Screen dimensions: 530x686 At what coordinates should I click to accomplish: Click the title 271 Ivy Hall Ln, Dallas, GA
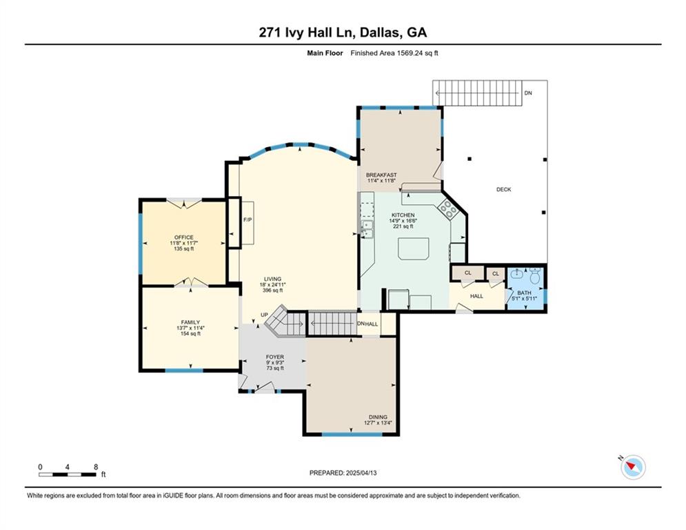[343, 32]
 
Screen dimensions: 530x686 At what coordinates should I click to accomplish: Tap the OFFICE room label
[183, 237]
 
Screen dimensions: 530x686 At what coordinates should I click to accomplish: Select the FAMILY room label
[190, 322]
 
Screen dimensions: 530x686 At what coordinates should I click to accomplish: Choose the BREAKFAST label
[381, 175]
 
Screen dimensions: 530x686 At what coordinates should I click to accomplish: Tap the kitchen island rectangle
[413, 248]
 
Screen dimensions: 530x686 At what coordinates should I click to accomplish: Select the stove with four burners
[449, 208]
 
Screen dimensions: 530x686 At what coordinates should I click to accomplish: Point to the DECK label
[503, 189]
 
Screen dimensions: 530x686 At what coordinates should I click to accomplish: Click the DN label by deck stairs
[527, 92]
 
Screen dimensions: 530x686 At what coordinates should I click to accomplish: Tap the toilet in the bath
[535, 279]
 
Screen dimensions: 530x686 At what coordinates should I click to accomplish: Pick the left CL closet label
[467, 273]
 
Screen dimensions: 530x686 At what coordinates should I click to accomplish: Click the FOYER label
[275, 357]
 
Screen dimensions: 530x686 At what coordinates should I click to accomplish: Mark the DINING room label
[377, 417]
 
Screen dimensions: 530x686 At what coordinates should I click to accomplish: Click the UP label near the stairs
[263, 315]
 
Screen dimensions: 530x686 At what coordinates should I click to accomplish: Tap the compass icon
[632, 467]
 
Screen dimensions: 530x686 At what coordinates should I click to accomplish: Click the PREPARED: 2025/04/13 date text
[343, 473]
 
